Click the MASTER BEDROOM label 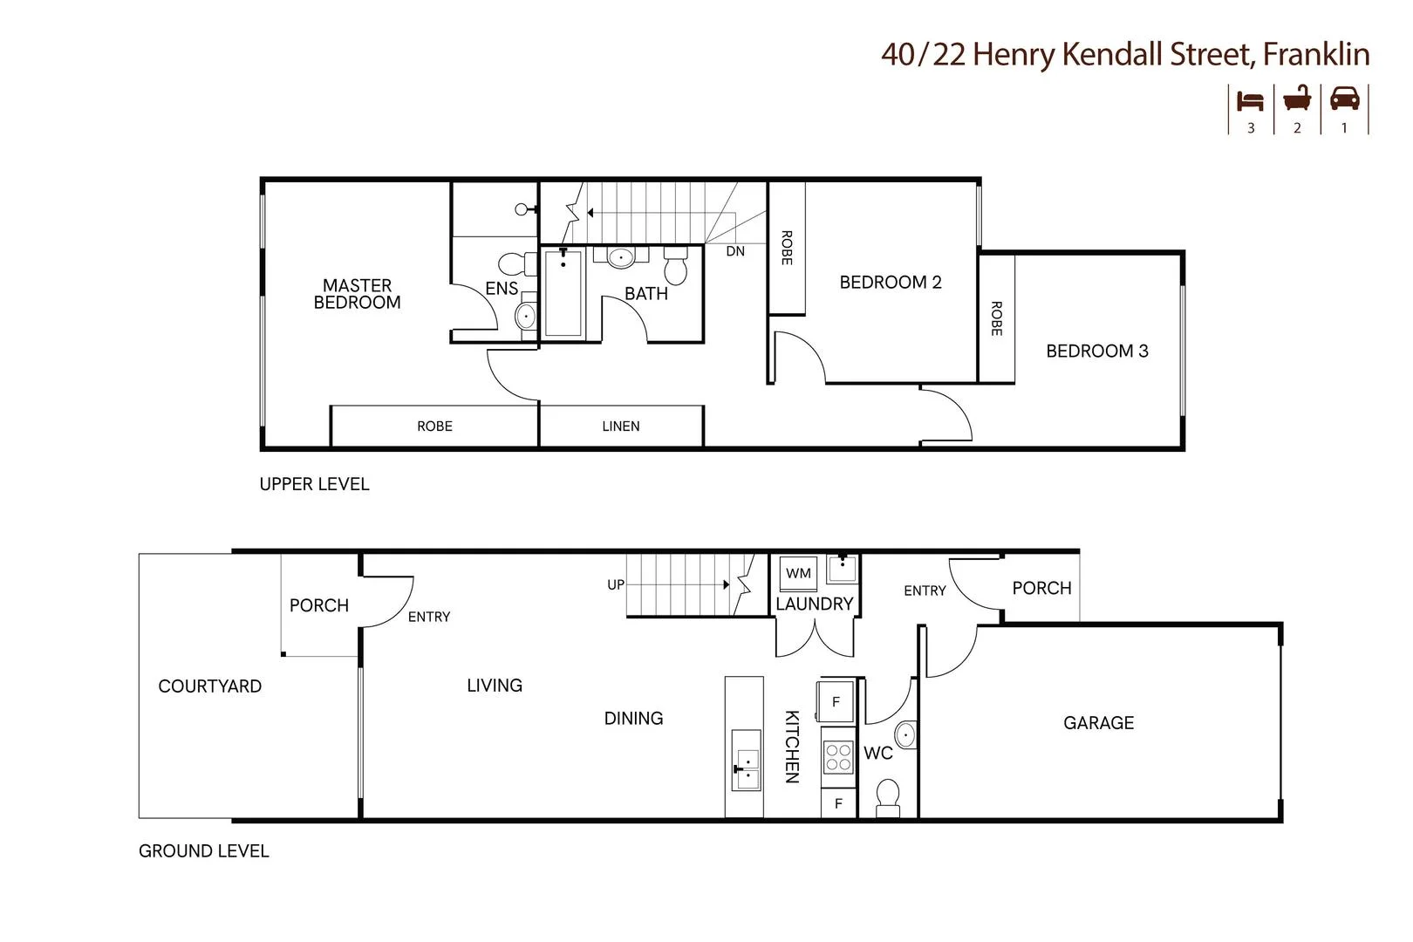358,294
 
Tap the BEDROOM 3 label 1096,352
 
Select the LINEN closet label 620,427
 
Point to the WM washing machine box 798,574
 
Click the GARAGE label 1098,723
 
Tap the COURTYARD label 209,686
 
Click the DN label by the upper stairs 735,251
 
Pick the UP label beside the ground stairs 616,585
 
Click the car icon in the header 1344,99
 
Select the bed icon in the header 1250,100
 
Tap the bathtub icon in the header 1297,99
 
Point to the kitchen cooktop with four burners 838,757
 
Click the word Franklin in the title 1316,55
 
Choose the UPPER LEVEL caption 314,485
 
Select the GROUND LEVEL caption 203,851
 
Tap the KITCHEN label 792,746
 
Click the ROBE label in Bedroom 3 996,318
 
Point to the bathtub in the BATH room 563,293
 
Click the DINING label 633,719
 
